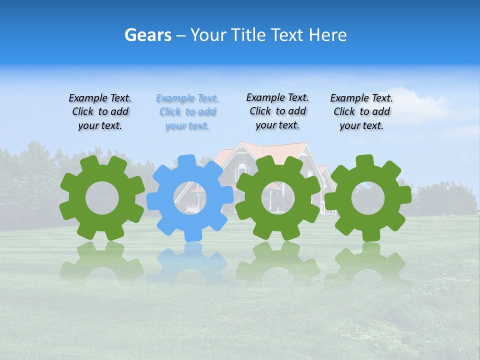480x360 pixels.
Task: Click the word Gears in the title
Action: pos(147,35)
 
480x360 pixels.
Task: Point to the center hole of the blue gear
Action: pos(190,198)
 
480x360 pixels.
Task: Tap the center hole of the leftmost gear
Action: pos(102,198)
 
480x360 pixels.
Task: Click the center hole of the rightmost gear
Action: pos(368,198)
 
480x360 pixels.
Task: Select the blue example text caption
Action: pos(187,112)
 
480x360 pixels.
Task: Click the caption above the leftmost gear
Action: pos(100,112)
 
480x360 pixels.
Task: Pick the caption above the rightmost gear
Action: pos(361,112)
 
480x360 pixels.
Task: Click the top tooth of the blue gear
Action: pos(186,161)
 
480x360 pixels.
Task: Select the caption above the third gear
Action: pos(277,111)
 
